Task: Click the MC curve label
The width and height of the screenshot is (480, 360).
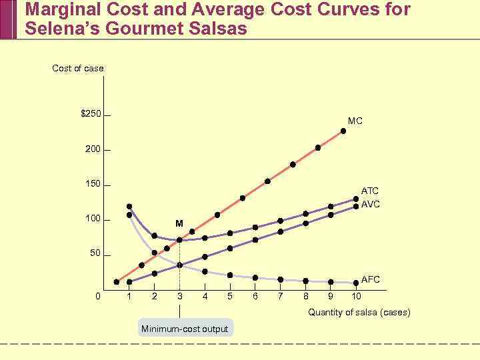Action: coord(355,121)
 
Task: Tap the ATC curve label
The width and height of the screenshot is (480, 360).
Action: coord(370,191)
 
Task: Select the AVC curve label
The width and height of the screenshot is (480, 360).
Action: coord(371,204)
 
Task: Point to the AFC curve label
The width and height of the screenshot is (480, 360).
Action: coord(371,279)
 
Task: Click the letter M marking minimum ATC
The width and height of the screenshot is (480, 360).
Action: coord(179,223)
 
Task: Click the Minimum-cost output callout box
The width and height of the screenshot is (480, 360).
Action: coord(185,329)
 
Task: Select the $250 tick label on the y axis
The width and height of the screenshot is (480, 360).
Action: coord(91,114)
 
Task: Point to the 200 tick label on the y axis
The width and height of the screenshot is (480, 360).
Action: coord(93,149)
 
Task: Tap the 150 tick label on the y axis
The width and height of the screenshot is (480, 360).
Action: coord(93,184)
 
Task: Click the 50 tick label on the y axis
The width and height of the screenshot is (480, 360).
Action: coord(95,254)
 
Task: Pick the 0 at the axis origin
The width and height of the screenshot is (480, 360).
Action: coord(98,296)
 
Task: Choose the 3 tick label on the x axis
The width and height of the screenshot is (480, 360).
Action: coord(179,296)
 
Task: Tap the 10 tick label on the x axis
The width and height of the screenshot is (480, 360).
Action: coord(357,296)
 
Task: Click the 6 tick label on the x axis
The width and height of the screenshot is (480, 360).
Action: coord(255,296)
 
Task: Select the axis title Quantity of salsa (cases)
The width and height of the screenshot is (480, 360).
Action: coord(359,313)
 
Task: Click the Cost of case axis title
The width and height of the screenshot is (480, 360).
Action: coord(78,68)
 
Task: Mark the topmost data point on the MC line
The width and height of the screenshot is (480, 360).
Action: coord(343,131)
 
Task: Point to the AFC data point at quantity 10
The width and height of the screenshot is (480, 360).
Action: coord(356,283)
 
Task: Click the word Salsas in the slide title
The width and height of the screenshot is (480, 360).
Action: coord(213,29)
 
